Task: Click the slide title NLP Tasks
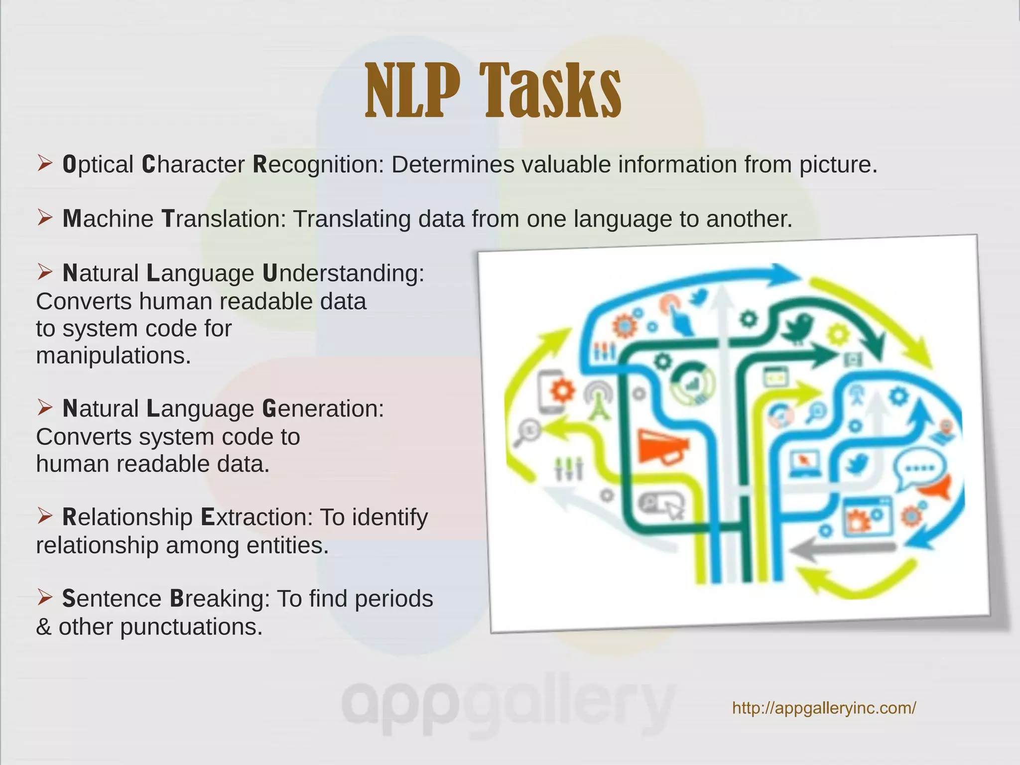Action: point(493,91)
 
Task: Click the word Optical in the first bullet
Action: point(98,165)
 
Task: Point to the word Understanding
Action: point(343,273)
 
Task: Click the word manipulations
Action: point(114,356)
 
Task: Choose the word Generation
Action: point(323,409)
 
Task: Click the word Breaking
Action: point(219,599)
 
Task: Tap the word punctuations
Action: point(191,627)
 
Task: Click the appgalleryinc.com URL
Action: point(824,708)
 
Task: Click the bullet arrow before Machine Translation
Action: point(45,218)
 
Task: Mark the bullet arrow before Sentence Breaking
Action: point(45,597)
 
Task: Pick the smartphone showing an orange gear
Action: point(554,392)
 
